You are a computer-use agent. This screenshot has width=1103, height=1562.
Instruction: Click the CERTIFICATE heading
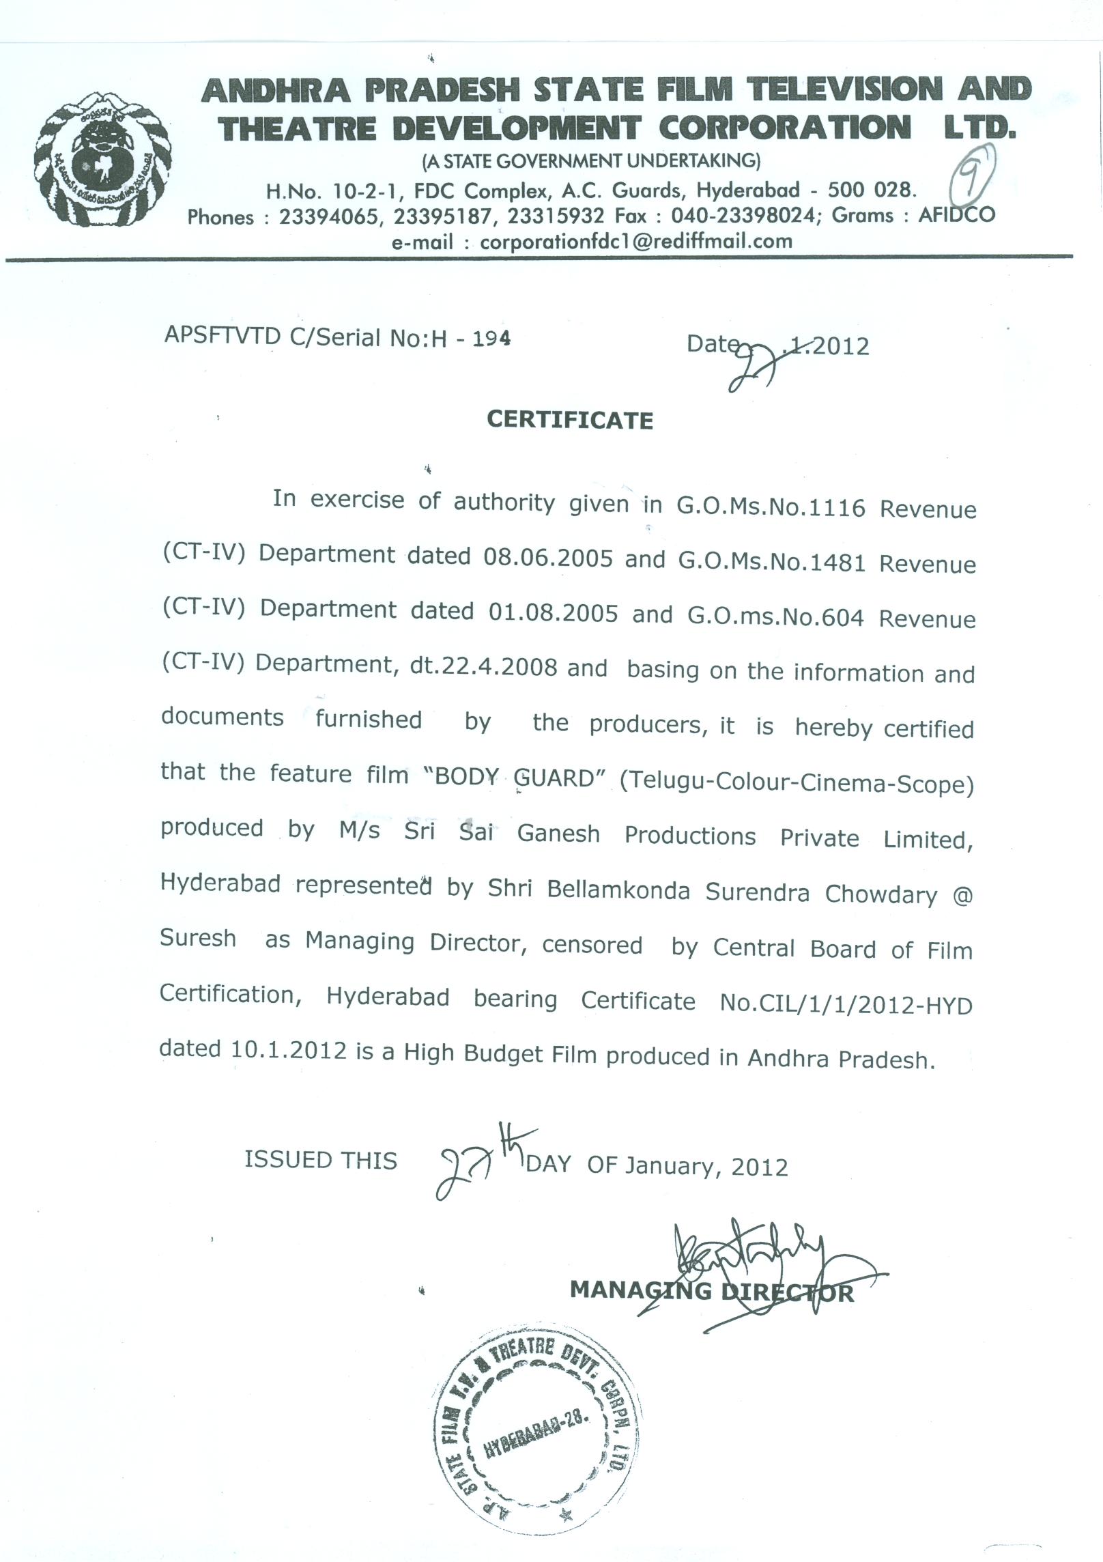(x=570, y=420)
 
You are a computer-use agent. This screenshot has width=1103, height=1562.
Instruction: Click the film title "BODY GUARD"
(x=521, y=778)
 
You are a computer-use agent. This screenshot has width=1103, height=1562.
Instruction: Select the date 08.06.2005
(x=548, y=558)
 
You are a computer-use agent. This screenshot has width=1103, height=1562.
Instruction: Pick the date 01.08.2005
(x=553, y=612)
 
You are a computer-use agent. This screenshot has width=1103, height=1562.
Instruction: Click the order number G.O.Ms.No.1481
(x=772, y=562)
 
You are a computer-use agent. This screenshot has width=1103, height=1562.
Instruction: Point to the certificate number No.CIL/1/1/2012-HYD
(x=846, y=1004)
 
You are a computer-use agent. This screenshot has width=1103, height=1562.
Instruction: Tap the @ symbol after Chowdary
(x=962, y=896)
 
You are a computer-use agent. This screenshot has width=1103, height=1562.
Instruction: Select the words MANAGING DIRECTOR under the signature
(x=711, y=1291)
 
